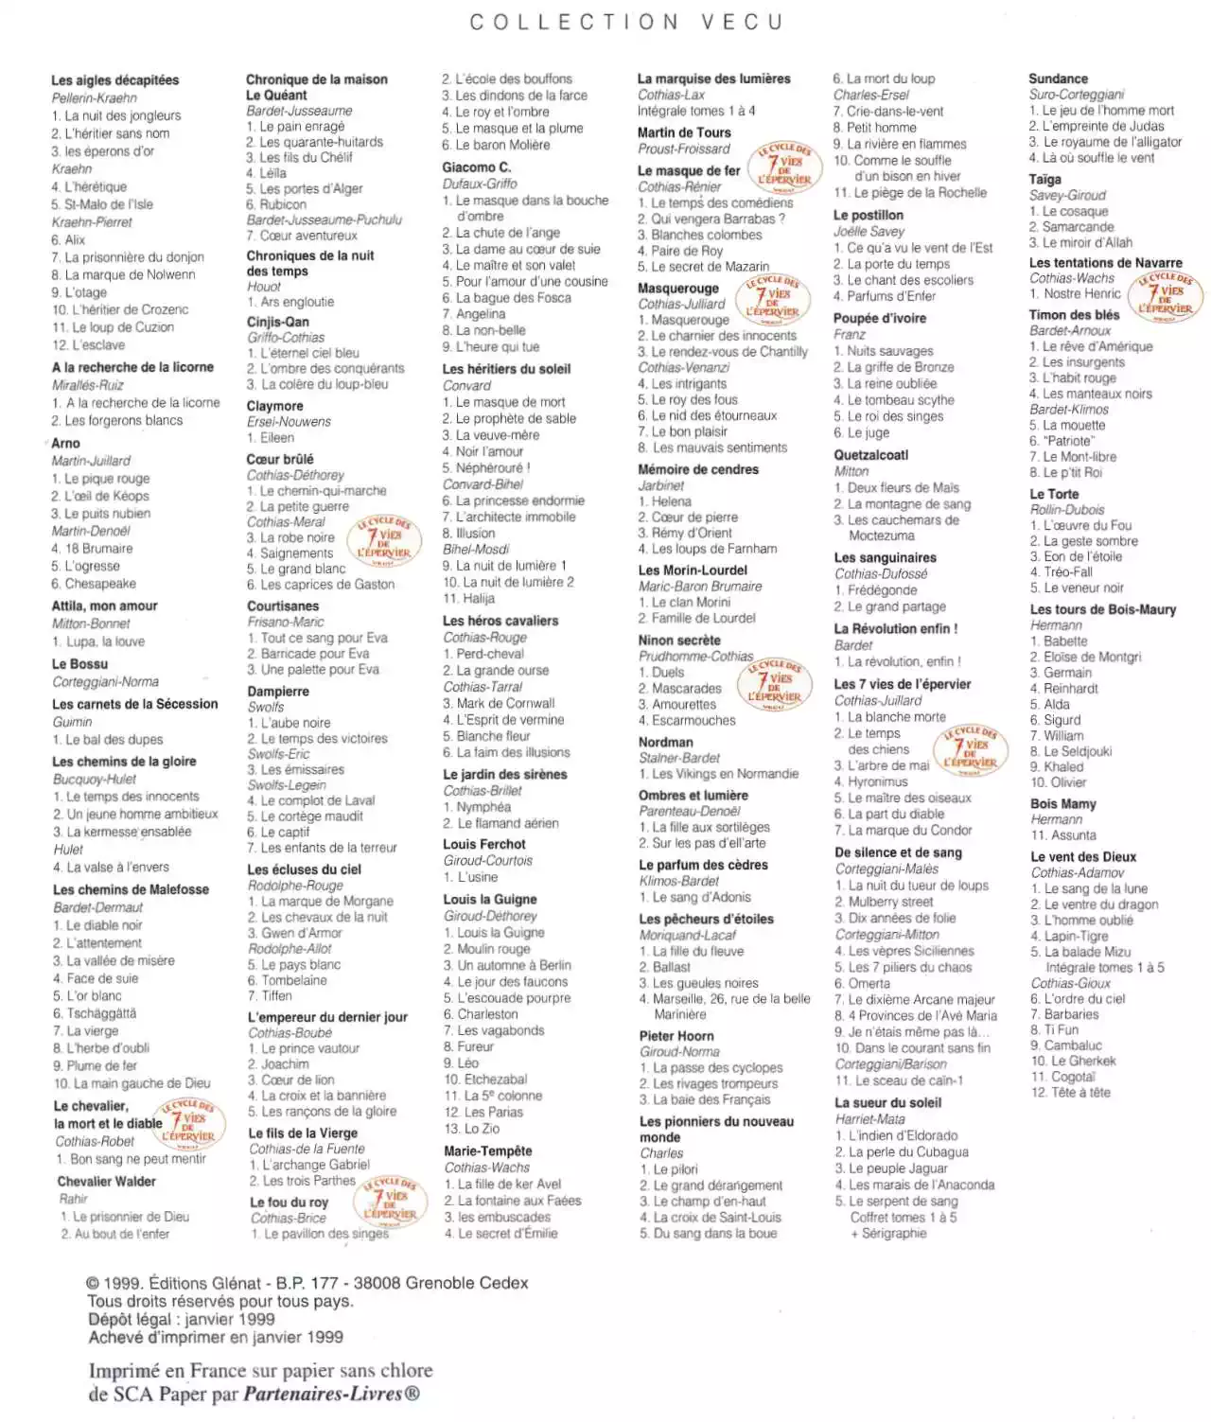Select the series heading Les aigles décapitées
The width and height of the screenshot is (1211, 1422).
tap(114, 80)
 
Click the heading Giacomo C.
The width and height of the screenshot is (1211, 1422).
tap(476, 167)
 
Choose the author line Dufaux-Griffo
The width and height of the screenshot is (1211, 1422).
tap(480, 184)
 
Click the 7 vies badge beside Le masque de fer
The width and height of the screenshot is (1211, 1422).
tap(784, 167)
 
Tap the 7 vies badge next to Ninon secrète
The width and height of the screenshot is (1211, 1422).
tap(774, 683)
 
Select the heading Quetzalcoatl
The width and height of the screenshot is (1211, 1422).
tap(870, 455)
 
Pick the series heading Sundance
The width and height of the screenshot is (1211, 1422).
tap(1058, 79)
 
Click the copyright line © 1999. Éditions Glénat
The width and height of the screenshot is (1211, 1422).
tap(307, 1284)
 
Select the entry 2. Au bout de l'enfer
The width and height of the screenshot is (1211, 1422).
tap(114, 1234)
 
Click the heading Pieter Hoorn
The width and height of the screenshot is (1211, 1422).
tap(676, 1036)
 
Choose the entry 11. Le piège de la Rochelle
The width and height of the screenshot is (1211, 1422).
tap(909, 192)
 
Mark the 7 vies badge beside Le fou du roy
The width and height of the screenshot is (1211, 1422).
tap(383, 1202)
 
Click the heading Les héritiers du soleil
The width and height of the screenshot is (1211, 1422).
tap(506, 369)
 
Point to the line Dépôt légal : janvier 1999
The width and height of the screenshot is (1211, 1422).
tap(181, 1320)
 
